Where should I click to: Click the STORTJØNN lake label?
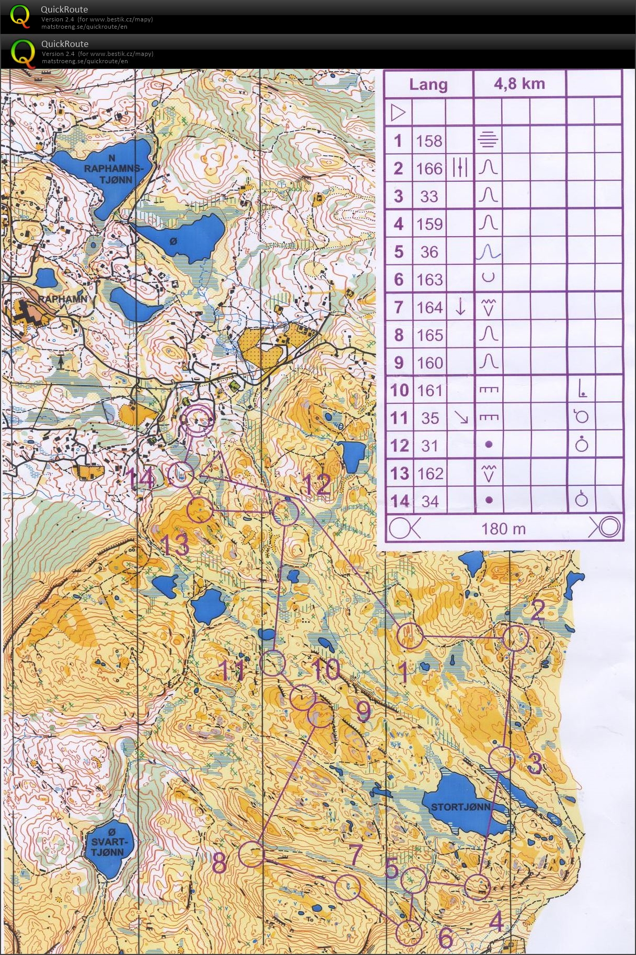point(460,807)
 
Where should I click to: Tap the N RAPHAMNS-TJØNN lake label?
point(112,169)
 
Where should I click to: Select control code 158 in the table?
point(429,141)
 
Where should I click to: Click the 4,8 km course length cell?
point(519,84)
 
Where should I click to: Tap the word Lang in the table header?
point(428,85)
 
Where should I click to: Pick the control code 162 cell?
point(430,473)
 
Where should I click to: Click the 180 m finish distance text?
point(503,529)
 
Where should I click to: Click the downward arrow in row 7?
point(460,307)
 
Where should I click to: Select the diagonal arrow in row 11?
point(460,417)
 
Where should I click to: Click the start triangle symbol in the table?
point(398,112)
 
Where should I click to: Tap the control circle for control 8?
point(251,854)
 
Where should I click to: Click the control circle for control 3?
point(502,760)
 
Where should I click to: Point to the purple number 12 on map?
point(317,485)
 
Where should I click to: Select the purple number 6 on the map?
point(445,938)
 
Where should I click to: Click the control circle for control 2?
point(515,638)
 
